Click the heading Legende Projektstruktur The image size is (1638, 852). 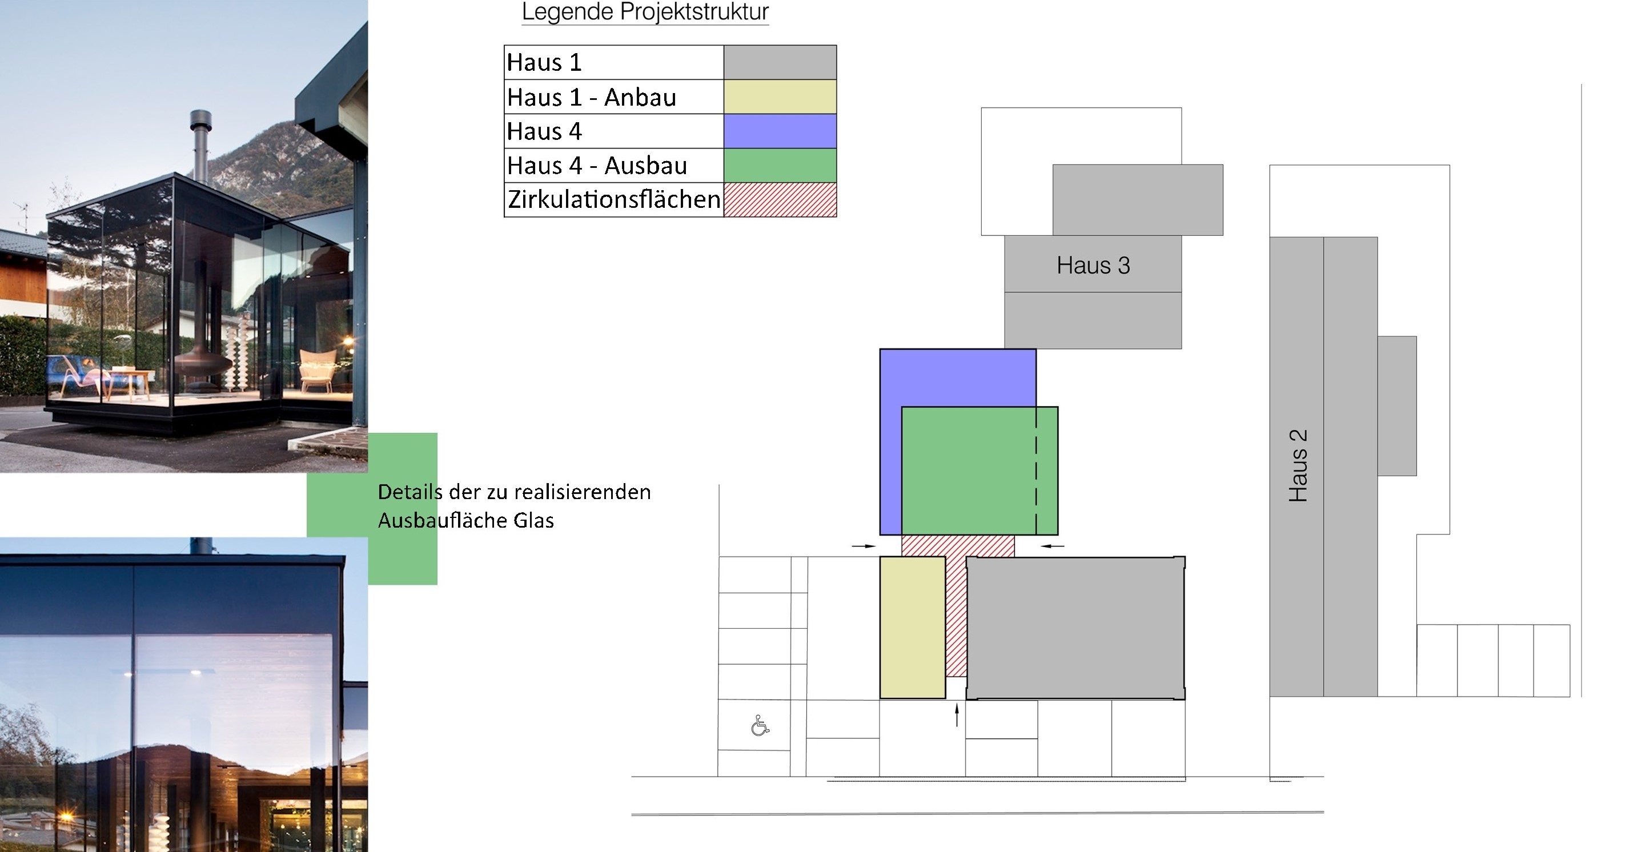click(x=645, y=11)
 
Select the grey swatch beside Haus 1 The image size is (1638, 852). click(x=780, y=62)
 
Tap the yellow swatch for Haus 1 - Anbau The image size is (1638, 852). click(x=780, y=97)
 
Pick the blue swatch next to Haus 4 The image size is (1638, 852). click(x=780, y=131)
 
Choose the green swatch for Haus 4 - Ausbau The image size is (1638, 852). click(x=780, y=165)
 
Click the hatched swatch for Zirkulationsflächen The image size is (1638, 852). click(x=780, y=200)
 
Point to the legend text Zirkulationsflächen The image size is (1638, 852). click(x=613, y=200)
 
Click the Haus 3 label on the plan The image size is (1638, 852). click(x=1093, y=265)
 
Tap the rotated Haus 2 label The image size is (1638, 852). click(x=1298, y=465)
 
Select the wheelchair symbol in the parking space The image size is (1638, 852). click(x=760, y=725)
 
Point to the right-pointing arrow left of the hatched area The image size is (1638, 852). click(x=864, y=545)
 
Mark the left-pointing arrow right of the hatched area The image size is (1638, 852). click(x=1053, y=545)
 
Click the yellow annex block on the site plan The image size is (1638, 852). click(x=913, y=628)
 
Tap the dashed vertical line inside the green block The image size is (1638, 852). click(x=1036, y=471)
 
